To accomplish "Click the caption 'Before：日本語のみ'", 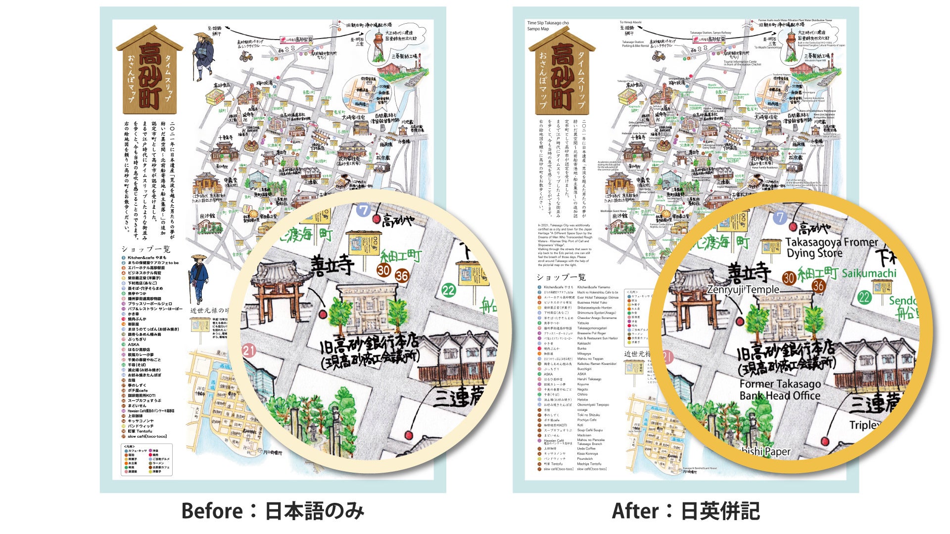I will coord(273,511).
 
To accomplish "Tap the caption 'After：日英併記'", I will coord(685,511).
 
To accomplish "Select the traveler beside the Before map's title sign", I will coord(202,56).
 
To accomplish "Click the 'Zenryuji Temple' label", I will coord(743,289).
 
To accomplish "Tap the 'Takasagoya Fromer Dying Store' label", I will coord(831,248).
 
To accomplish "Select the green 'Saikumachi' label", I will coord(869,273).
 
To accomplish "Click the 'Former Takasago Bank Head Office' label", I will coord(780,390).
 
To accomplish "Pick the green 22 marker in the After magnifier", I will coord(864,297).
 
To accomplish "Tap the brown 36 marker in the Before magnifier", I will coord(402,276).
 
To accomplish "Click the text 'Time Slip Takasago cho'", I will coord(548,23).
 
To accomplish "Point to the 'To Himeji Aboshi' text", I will coord(630,22).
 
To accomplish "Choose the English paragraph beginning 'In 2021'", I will coord(565,245).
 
